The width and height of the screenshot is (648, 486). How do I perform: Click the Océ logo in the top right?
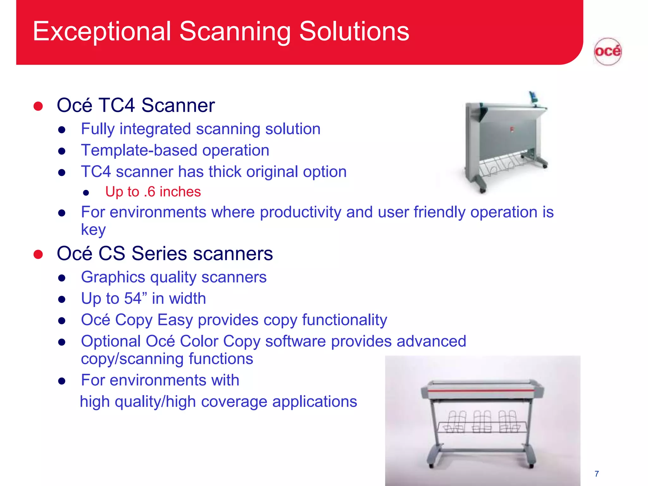point(607,52)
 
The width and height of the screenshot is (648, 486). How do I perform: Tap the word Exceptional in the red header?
point(102,32)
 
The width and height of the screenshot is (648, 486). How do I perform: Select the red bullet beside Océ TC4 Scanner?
point(38,106)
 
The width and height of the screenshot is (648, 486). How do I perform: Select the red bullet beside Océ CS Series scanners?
point(38,254)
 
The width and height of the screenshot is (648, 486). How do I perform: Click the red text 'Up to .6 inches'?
point(153,192)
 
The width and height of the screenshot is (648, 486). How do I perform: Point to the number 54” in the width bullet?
point(136,298)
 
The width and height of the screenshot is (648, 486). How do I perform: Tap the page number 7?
point(596,474)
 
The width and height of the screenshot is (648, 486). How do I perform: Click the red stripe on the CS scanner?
point(481,391)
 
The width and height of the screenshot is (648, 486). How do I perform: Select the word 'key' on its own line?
point(93,230)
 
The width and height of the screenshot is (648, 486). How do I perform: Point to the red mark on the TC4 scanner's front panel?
point(512,129)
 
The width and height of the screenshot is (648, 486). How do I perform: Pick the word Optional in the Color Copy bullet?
point(111,341)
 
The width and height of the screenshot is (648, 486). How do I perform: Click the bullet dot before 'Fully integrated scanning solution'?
point(62,130)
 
